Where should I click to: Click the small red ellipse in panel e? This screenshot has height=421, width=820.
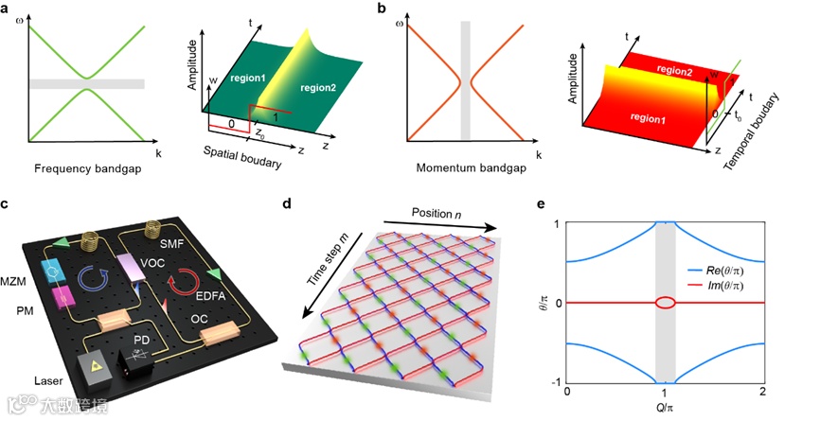pos(666,303)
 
